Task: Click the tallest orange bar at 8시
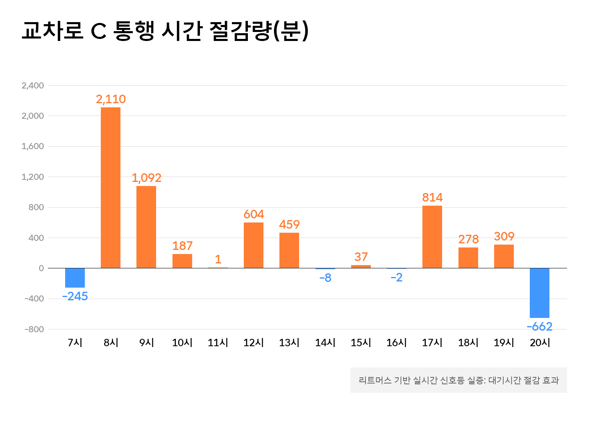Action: coord(111,188)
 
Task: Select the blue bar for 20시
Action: coord(539,293)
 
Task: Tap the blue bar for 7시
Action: coord(75,278)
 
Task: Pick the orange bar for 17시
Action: coord(432,237)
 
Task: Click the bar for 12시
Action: coord(254,245)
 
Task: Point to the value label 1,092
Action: coord(146,178)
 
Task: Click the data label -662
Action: coord(539,327)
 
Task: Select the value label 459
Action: coord(289,225)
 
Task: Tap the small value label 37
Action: coord(361,257)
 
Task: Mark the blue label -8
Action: coord(325,278)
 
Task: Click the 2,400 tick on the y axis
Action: coord(33,86)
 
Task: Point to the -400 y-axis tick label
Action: coord(34,299)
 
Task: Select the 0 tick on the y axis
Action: coord(41,268)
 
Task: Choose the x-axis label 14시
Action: coord(325,343)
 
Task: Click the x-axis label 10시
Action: coord(182,343)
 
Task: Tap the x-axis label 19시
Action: coord(504,343)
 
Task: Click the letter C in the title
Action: coord(99,31)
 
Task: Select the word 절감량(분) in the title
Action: coord(259,31)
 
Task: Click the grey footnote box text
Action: coord(458,380)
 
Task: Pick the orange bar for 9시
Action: coord(146,227)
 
